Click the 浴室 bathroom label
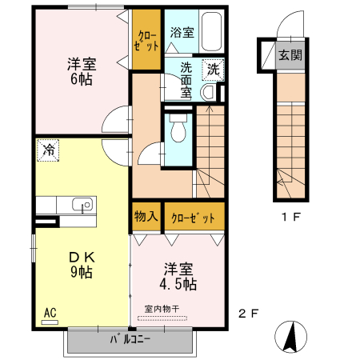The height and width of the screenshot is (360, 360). [x=182, y=33]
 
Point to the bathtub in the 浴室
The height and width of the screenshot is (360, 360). [x=211, y=33]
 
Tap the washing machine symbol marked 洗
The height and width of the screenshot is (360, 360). [x=213, y=69]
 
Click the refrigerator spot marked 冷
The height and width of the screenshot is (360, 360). [x=48, y=150]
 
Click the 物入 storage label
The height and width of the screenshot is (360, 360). [x=146, y=216]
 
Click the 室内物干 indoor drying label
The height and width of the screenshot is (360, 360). [x=166, y=308]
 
